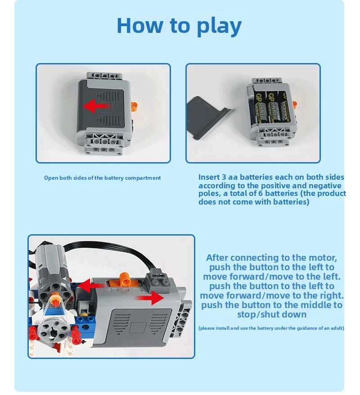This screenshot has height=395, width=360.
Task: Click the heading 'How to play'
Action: click(179, 26)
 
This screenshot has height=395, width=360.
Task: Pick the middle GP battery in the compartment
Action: click(274, 110)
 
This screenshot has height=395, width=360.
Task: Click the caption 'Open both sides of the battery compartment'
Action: click(102, 178)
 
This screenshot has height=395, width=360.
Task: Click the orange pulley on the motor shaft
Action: click(54, 297)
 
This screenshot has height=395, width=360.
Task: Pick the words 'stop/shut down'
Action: click(272, 314)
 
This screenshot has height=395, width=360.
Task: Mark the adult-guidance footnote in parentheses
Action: click(271, 328)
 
